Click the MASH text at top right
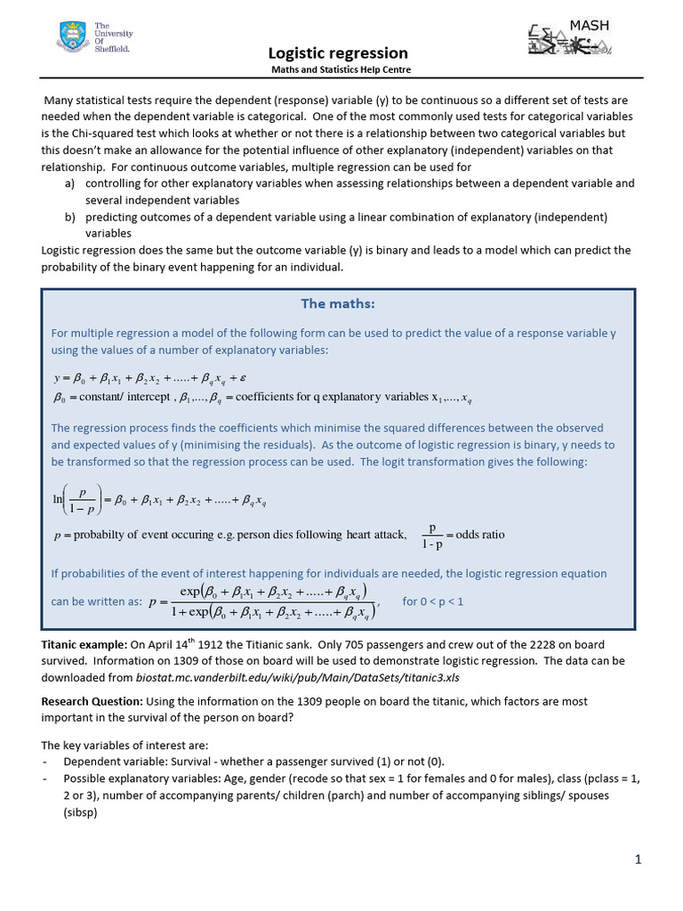point(590,25)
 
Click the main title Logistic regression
point(339,53)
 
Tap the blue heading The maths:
point(338,304)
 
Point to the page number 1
point(638,859)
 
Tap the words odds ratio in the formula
point(480,535)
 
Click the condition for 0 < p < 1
point(433,601)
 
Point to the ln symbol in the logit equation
point(59,500)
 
